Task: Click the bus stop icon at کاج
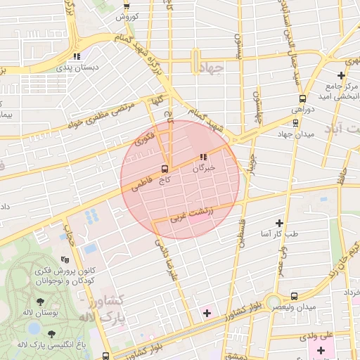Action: pos(165,169)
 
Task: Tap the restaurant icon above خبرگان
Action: pos(203,157)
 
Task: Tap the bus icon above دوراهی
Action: pos(302,98)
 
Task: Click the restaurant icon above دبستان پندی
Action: pos(77,56)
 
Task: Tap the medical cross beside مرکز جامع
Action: pos(341,75)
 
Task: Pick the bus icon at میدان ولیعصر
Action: pos(294,296)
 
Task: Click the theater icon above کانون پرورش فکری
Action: pos(65,259)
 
